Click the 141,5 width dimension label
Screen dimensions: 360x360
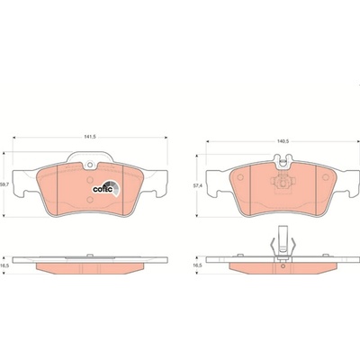(90, 137)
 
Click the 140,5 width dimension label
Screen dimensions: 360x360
(283, 141)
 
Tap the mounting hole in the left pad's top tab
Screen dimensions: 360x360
(90, 165)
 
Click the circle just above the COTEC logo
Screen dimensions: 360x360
(90, 180)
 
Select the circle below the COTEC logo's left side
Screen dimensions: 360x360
(90, 200)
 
